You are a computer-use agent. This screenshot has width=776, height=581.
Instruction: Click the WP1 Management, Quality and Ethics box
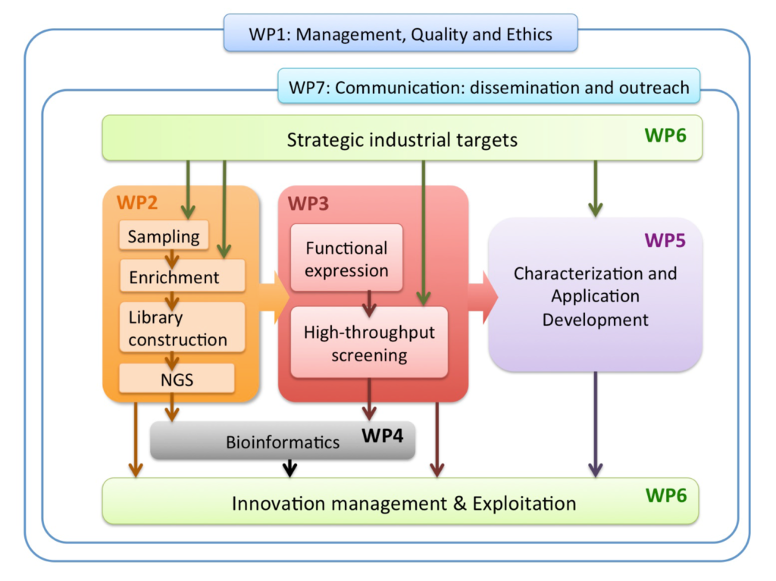pos(400,33)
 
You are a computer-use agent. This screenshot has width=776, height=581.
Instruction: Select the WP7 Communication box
pos(489,86)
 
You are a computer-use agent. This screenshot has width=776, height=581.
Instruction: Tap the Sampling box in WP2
pos(164,236)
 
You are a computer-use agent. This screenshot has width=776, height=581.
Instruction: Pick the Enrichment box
pos(182,276)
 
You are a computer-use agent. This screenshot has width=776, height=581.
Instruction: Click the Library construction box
pos(182,327)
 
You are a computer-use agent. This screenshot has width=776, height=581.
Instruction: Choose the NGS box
pos(177,379)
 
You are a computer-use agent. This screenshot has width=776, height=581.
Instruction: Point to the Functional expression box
pos(346,258)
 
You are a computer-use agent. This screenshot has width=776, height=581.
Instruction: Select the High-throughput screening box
pos(369,342)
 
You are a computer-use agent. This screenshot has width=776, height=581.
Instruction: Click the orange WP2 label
pos(137,202)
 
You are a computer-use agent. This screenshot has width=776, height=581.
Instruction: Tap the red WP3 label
pos(308,204)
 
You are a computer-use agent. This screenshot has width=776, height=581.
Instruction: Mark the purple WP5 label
pos(665,241)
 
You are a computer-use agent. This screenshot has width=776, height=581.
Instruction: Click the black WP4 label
pos(383,436)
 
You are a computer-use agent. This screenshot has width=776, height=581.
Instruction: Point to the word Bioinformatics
pos(283,442)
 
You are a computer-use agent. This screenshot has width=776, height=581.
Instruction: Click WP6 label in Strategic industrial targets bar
pos(665,135)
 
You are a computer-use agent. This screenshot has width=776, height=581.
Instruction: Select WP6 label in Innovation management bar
pos(666,495)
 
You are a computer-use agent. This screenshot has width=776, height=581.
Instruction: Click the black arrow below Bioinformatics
pos(290,468)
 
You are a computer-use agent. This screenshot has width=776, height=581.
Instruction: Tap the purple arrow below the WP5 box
pos(596,425)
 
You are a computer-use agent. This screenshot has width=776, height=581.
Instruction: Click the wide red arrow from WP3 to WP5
pos(483,298)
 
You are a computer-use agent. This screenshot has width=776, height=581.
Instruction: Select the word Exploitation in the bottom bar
pos(524,504)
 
